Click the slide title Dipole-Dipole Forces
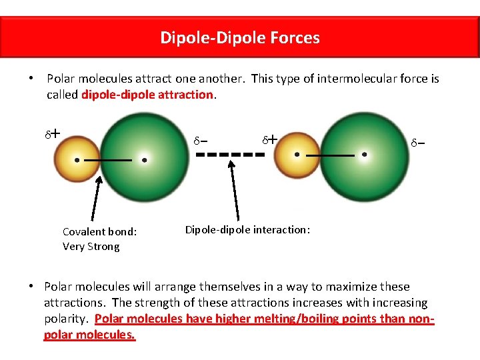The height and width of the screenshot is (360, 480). (240, 37)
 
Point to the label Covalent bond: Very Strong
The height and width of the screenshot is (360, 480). (99, 239)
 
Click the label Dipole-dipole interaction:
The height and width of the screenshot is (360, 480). (247, 230)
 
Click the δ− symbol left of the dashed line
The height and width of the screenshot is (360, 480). (200, 141)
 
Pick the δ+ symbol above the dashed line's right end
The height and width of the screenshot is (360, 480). (269, 140)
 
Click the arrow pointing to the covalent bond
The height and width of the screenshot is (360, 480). (97, 200)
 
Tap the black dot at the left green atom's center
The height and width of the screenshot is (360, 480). (144, 160)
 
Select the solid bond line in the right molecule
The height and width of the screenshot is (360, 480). (329, 155)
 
